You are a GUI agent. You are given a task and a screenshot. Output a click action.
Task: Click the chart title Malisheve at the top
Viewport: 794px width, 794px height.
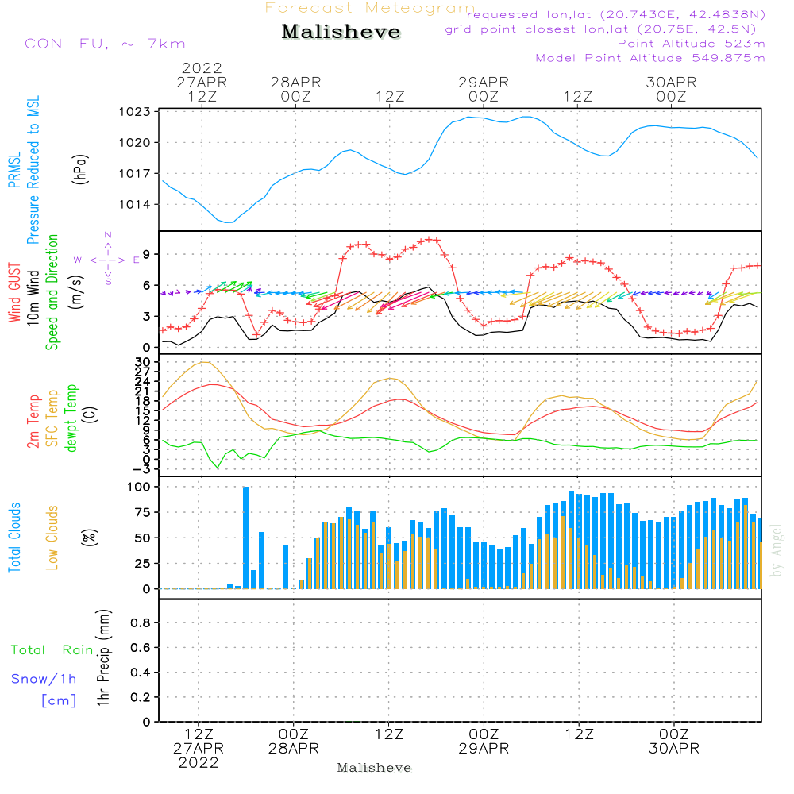[x=341, y=33]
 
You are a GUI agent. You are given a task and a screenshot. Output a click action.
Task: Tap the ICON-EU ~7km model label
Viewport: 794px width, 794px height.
[x=102, y=44]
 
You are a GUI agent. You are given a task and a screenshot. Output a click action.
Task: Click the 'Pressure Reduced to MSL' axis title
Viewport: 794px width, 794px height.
[x=33, y=170]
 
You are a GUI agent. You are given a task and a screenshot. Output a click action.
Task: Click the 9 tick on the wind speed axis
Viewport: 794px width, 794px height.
[x=146, y=255]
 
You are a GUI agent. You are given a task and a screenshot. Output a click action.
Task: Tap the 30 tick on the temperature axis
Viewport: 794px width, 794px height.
[x=143, y=362]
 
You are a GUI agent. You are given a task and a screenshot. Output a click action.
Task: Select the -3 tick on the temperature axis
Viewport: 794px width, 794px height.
[x=143, y=468]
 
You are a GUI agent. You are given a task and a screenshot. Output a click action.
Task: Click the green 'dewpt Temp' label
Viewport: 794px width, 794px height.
[x=71, y=419]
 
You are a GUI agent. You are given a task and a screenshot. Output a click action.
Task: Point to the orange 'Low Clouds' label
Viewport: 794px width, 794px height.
[x=52, y=538]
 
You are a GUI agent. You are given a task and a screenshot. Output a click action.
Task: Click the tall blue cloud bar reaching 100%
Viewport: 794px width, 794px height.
[x=246, y=537]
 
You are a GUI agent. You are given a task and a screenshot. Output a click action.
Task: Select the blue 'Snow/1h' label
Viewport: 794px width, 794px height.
[x=44, y=679]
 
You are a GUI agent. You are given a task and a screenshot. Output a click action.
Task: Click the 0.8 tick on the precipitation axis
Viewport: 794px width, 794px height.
[x=141, y=623]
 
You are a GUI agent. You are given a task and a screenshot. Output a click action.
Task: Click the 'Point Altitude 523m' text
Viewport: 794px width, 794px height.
[x=691, y=44]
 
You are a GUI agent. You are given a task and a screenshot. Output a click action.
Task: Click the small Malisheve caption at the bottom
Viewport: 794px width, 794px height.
[x=374, y=768]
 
